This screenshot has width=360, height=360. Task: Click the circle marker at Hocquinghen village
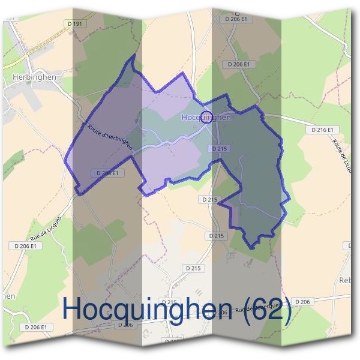coord(206,116)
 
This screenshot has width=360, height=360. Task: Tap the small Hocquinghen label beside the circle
coord(206,118)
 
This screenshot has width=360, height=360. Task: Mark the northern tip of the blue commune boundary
coord(133,55)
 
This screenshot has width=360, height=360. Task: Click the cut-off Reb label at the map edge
coord(346,280)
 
